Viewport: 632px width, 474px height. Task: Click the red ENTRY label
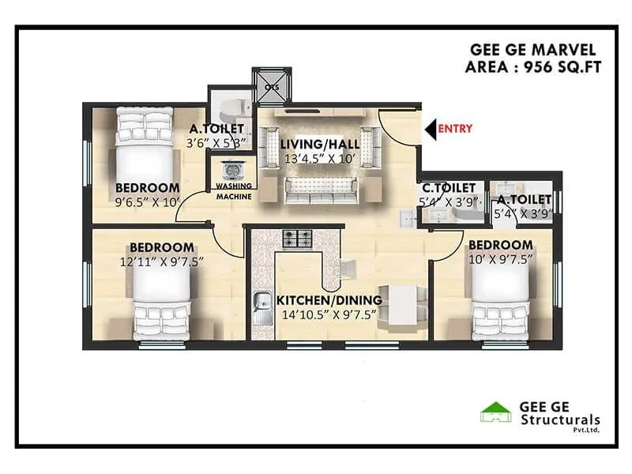click(x=455, y=128)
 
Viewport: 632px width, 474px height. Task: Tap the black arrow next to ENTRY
click(x=430, y=128)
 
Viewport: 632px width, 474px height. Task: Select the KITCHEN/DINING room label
click(x=329, y=300)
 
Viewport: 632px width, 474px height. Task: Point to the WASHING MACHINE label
click(x=234, y=191)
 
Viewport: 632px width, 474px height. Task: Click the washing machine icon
click(x=233, y=171)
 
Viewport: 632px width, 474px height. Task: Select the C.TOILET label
click(x=449, y=188)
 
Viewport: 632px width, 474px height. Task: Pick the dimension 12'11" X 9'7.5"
click(x=162, y=261)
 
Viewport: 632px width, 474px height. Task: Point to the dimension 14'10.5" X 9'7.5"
click(x=329, y=314)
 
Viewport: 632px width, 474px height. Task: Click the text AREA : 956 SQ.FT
click(x=533, y=67)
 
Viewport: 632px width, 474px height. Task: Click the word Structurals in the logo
click(x=560, y=419)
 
